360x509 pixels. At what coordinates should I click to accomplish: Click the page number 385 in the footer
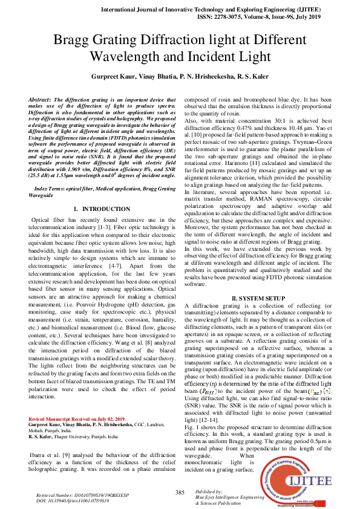click(x=180, y=493)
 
